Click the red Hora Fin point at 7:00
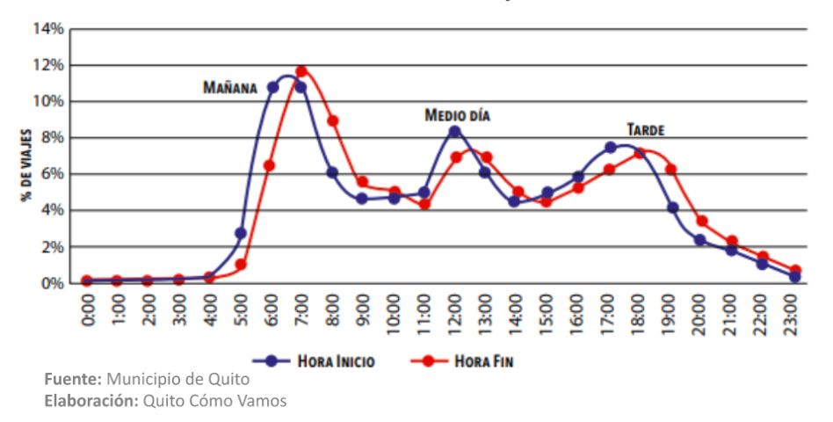301,71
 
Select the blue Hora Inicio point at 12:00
454,132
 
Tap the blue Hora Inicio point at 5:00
241,233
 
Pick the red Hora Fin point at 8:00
332,120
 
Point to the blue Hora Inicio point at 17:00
610,148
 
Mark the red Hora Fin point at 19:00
671,170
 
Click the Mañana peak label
229,88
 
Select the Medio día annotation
457,115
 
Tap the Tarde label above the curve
645,130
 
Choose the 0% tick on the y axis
52,283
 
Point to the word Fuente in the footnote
73,380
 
